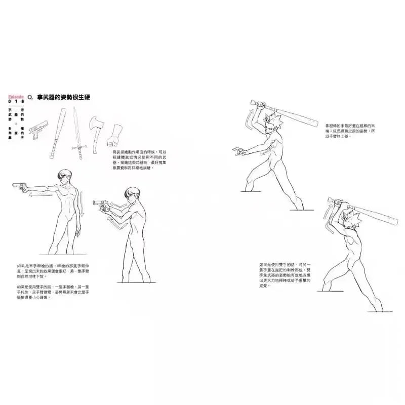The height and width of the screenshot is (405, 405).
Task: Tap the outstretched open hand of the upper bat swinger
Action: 238,150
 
